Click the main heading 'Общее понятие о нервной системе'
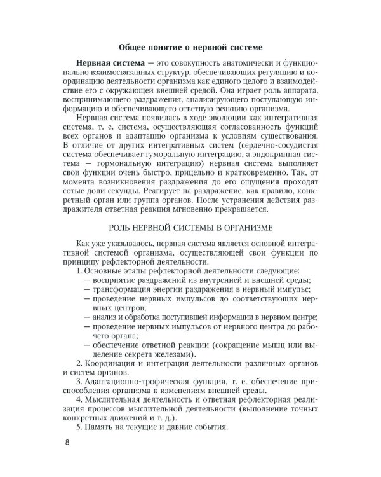[190, 46]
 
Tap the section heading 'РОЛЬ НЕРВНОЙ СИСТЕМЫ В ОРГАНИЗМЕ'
[190, 227]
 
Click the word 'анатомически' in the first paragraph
[238, 65]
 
